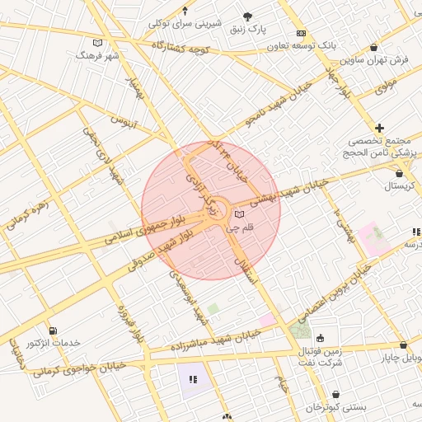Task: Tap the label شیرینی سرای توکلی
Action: click(x=185, y=23)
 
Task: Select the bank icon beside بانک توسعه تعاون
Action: click(x=302, y=33)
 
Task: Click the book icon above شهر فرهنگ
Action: click(x=98, y=43)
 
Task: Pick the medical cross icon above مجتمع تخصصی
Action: click(x=379, y=128)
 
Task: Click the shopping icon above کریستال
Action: click(x=400, y=174)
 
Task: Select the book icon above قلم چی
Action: click(x=239, y=214)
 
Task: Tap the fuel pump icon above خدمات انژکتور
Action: click(x=54, y=331)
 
